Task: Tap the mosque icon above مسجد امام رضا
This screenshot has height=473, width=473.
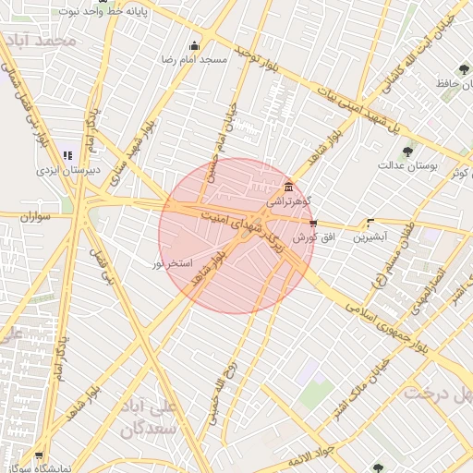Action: click(194, 46)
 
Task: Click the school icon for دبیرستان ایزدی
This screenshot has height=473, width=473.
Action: click(67, 155)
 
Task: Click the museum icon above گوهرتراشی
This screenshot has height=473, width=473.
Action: click(289, 186)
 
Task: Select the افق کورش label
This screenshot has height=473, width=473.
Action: click(311, 237)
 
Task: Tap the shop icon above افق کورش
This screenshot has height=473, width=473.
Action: click(313, 224)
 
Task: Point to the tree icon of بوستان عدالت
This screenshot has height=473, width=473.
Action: click(407, 152)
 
